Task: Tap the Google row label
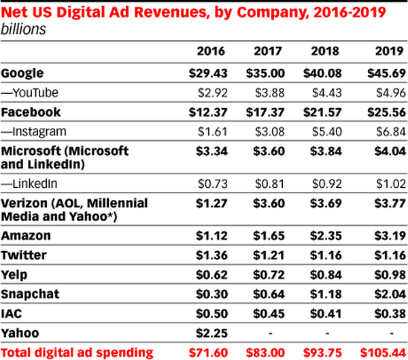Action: coord(24,72)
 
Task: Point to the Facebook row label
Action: coord(31,112)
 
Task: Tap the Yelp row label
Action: coord(16,274)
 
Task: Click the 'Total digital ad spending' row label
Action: coord(77,352)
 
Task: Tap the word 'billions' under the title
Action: coord(23,28)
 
